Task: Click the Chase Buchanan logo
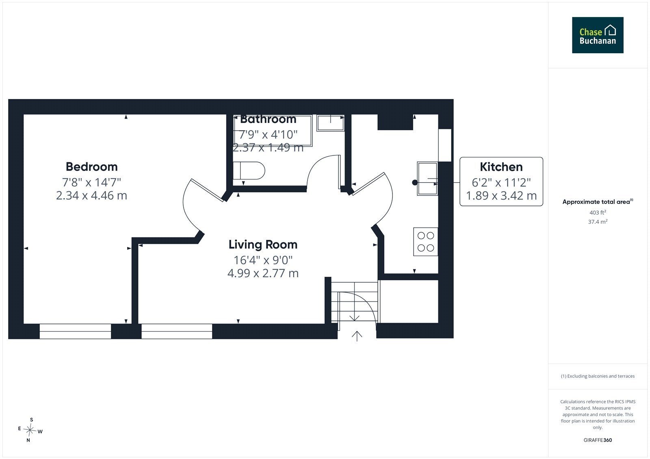tap(598, 35)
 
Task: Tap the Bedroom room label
tap(92, 167)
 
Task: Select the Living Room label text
tap(263, 244)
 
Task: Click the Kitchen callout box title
tap(501, 167)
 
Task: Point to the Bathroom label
tap(268, 119)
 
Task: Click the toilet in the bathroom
tap(249, 170)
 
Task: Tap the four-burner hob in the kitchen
tap(426, 241)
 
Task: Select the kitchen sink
tap(427, 179)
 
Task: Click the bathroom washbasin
tap(331, 123)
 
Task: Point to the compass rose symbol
tap(30, 430)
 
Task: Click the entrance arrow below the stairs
tap(357, 336)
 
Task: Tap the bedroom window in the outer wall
tap(75, 331)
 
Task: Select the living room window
tap(177, 331)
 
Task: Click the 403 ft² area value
tap(598, 212)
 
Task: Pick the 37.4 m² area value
tap(598, 222)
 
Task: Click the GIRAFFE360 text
tap(598, 440)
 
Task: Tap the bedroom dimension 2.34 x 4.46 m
tap(91, 196)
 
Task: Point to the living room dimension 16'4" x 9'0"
tap(263, 260)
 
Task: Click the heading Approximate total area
tap(598, 202)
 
